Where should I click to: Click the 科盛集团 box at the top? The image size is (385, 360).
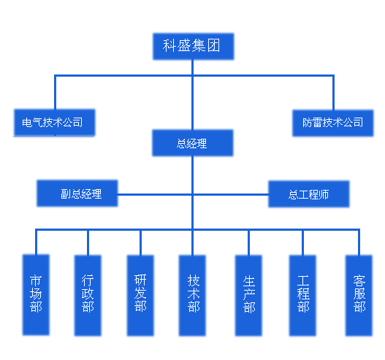(194, 47)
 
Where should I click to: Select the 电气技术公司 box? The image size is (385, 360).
(55, 122)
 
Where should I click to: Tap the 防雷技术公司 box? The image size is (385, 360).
(333, 123)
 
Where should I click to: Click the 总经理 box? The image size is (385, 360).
(193, 143)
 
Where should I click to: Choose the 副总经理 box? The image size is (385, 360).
(77, 194)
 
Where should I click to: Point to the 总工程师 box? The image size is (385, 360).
(308, 194)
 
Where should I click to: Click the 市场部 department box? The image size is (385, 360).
(36, 295)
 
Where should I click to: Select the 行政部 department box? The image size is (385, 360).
(88, 296)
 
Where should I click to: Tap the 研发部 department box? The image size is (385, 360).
(140, 296)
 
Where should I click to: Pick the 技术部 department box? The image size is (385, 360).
(192, 296)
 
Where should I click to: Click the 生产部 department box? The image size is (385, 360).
(248, 296)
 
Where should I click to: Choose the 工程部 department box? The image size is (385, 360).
(302, 296)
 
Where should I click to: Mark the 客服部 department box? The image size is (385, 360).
(359, 296)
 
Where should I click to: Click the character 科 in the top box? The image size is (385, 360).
(169, 46)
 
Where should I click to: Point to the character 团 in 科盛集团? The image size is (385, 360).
(213, 46)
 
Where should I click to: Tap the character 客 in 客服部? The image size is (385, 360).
(359, 281)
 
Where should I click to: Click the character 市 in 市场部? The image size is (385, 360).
(36, 281)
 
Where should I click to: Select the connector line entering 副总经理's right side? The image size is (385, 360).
(155, 194)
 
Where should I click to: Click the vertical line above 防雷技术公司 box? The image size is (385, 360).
(333, 93)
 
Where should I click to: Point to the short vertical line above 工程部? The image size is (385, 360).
(302, 243)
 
